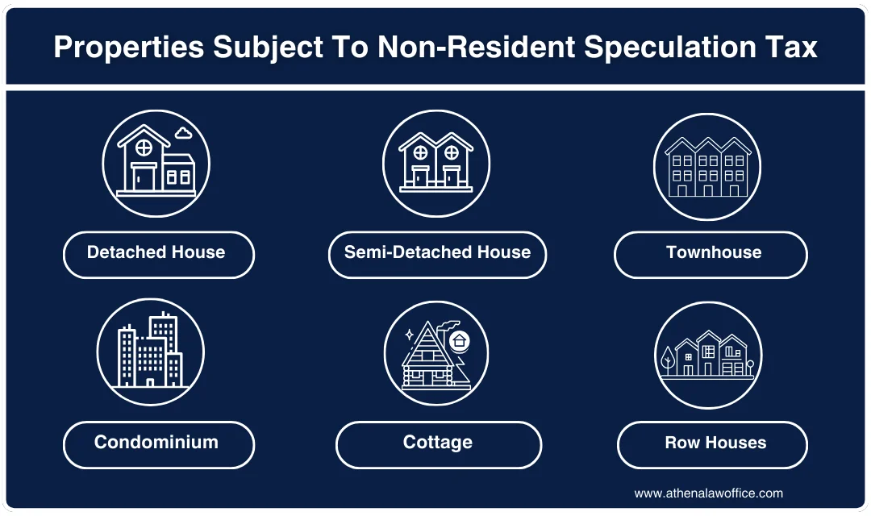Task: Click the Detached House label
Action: (x=156, y=253)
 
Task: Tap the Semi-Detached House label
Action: (x=437, y=253)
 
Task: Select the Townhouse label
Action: (x=713, y=253)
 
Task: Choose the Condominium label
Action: (x=156, y=443)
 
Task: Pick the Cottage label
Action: (x=437, y=443)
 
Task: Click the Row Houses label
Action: (x=715, y=443)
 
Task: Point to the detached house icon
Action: (x=156, y=164)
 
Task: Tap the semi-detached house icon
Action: (x=435, y=164)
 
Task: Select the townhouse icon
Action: (x=707, y=167)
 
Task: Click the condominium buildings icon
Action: (x=151, y=352)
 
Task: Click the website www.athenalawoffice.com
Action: (x=708, y=493)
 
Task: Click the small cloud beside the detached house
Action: (x=184, y=132)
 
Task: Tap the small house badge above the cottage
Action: (x=459, y=340)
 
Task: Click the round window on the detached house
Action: (x=144, y=148)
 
